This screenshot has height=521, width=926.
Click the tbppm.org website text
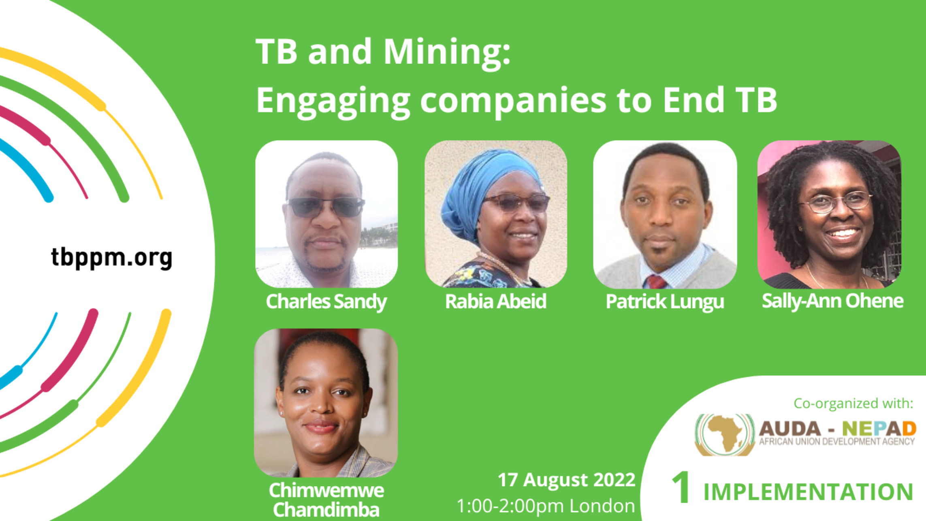(112, 258)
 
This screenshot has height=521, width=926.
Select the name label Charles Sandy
(326, 302)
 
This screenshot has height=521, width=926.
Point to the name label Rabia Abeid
(496, 301)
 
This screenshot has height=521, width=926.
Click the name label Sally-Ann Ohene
(832, 301)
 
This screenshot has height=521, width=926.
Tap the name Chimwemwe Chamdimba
(326, 500)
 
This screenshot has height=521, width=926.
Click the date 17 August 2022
(566, 480)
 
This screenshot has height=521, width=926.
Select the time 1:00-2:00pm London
(546, 506)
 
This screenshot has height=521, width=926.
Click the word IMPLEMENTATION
(808, 492)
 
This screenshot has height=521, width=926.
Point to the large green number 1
(681, 488)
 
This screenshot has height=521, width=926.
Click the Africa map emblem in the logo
(725, 434)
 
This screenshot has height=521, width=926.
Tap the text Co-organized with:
(853, 404)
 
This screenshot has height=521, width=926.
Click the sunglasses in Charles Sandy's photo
(326, 207)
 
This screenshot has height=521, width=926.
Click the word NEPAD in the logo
(879, 429)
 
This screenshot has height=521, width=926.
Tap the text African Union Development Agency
(837, 441)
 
